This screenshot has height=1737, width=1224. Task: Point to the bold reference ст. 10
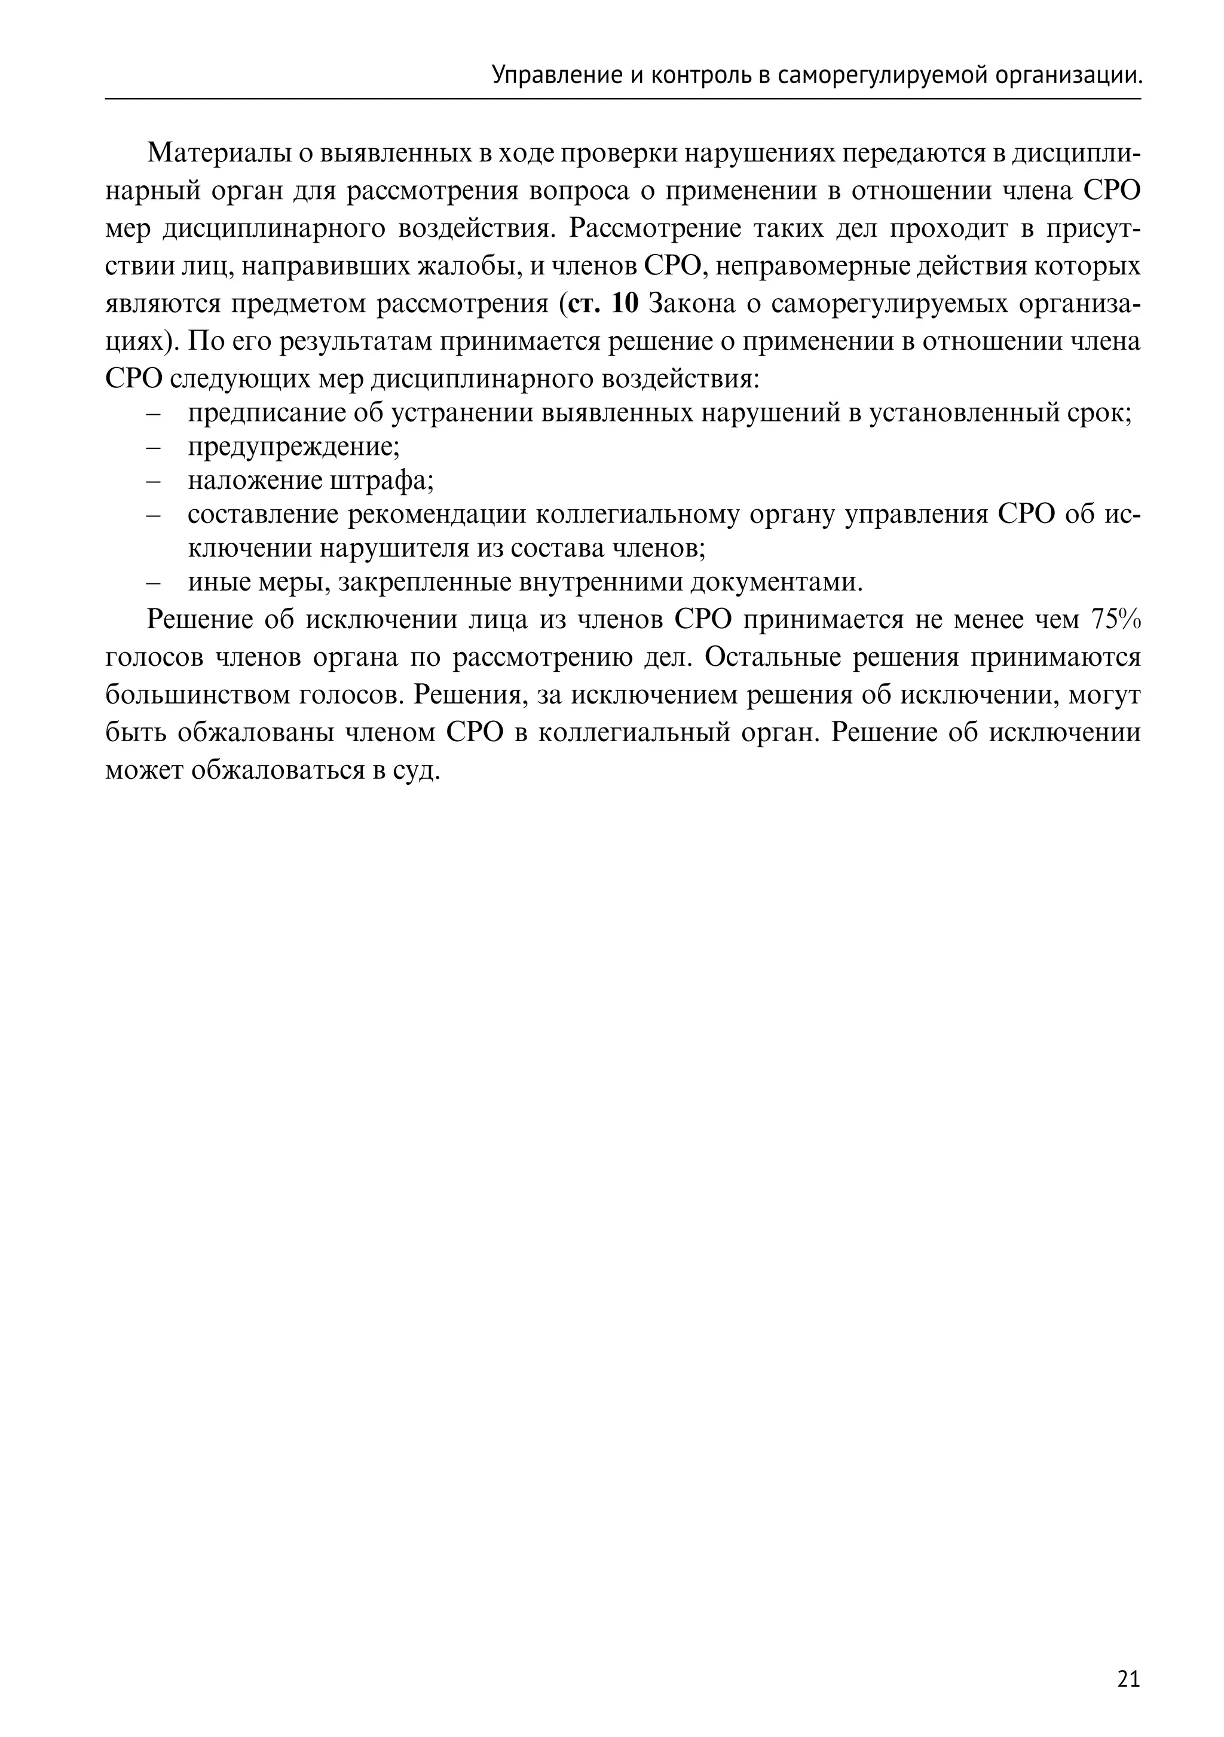point(604,304)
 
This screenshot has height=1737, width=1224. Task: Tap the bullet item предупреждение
point(293,447)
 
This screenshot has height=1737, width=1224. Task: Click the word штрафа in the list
point(390,481)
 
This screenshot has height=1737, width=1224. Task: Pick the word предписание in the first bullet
point(264,413)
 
